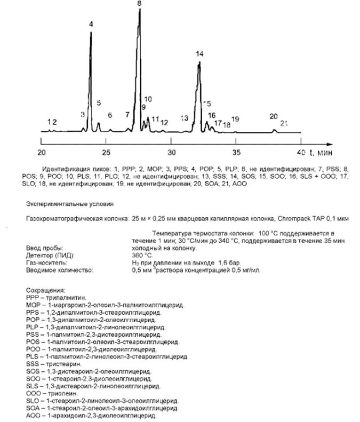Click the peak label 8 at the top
tap(139, 4)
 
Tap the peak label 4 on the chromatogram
tap(91, 25)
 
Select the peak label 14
tap(199, 54)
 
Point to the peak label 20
tap(274, 116)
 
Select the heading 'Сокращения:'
tap(41, 292)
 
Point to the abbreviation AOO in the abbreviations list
tap(32, 415)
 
